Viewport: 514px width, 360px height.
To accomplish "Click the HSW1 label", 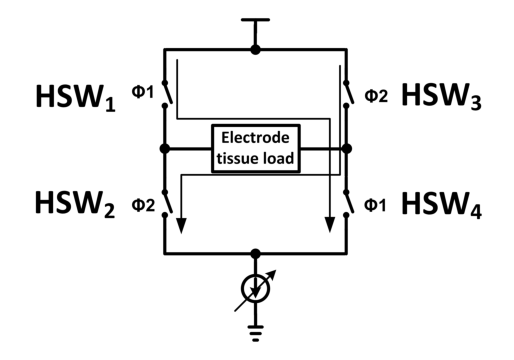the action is (75, 97).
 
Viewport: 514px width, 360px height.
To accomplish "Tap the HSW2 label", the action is (75, 204).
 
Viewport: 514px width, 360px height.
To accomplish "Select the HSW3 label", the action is (441, 96).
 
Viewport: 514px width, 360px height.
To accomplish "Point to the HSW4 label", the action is (442, 205).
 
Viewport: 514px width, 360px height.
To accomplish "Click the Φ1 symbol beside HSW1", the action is (143, 92).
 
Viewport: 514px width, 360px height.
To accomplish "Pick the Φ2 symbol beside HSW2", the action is (143, 205).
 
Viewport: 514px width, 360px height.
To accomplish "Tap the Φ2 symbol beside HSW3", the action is (376, 96).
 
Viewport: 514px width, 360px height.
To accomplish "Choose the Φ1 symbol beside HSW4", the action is (375, 205).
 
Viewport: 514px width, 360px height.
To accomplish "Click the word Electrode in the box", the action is (255, 138).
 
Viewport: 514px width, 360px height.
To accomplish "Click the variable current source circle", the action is (255, 289).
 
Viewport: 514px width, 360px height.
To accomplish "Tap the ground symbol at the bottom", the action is (255, 333).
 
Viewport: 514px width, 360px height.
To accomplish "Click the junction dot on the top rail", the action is (255, 50).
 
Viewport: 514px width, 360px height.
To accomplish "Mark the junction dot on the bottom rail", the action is (255, 254).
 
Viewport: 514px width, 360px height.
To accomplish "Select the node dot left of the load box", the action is (165, 149).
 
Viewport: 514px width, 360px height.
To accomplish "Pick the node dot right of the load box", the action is (347, 149).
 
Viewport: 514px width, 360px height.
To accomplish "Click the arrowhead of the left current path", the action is (181, 226).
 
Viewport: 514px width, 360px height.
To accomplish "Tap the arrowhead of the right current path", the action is (330, 225).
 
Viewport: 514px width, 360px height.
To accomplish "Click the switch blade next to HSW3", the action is (350, 92).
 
